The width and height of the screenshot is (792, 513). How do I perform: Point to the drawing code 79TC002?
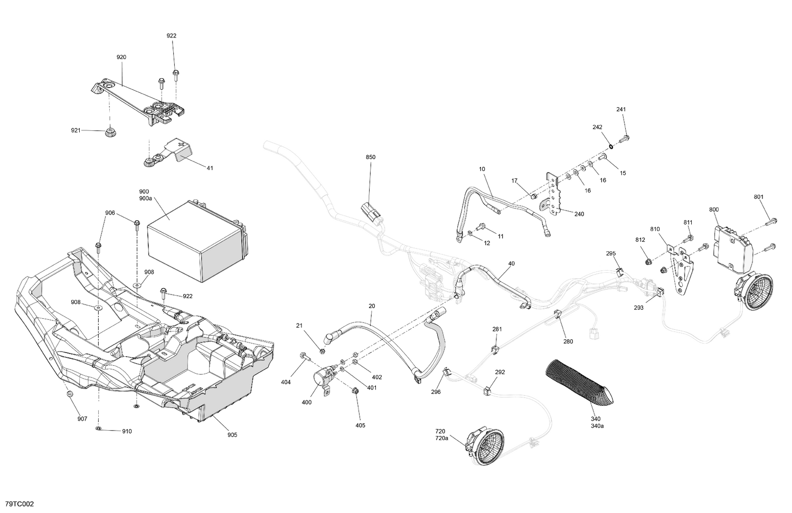[x=19, y=504]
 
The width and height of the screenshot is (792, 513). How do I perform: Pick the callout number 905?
[x=232, y=435]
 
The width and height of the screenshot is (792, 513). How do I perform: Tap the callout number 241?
[x=621, y=110]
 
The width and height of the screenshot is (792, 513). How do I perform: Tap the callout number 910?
[x=127, y=431]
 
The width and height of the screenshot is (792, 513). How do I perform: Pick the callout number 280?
[x=568, y=341]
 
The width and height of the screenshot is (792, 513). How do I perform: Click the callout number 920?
[x=121, y=57]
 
